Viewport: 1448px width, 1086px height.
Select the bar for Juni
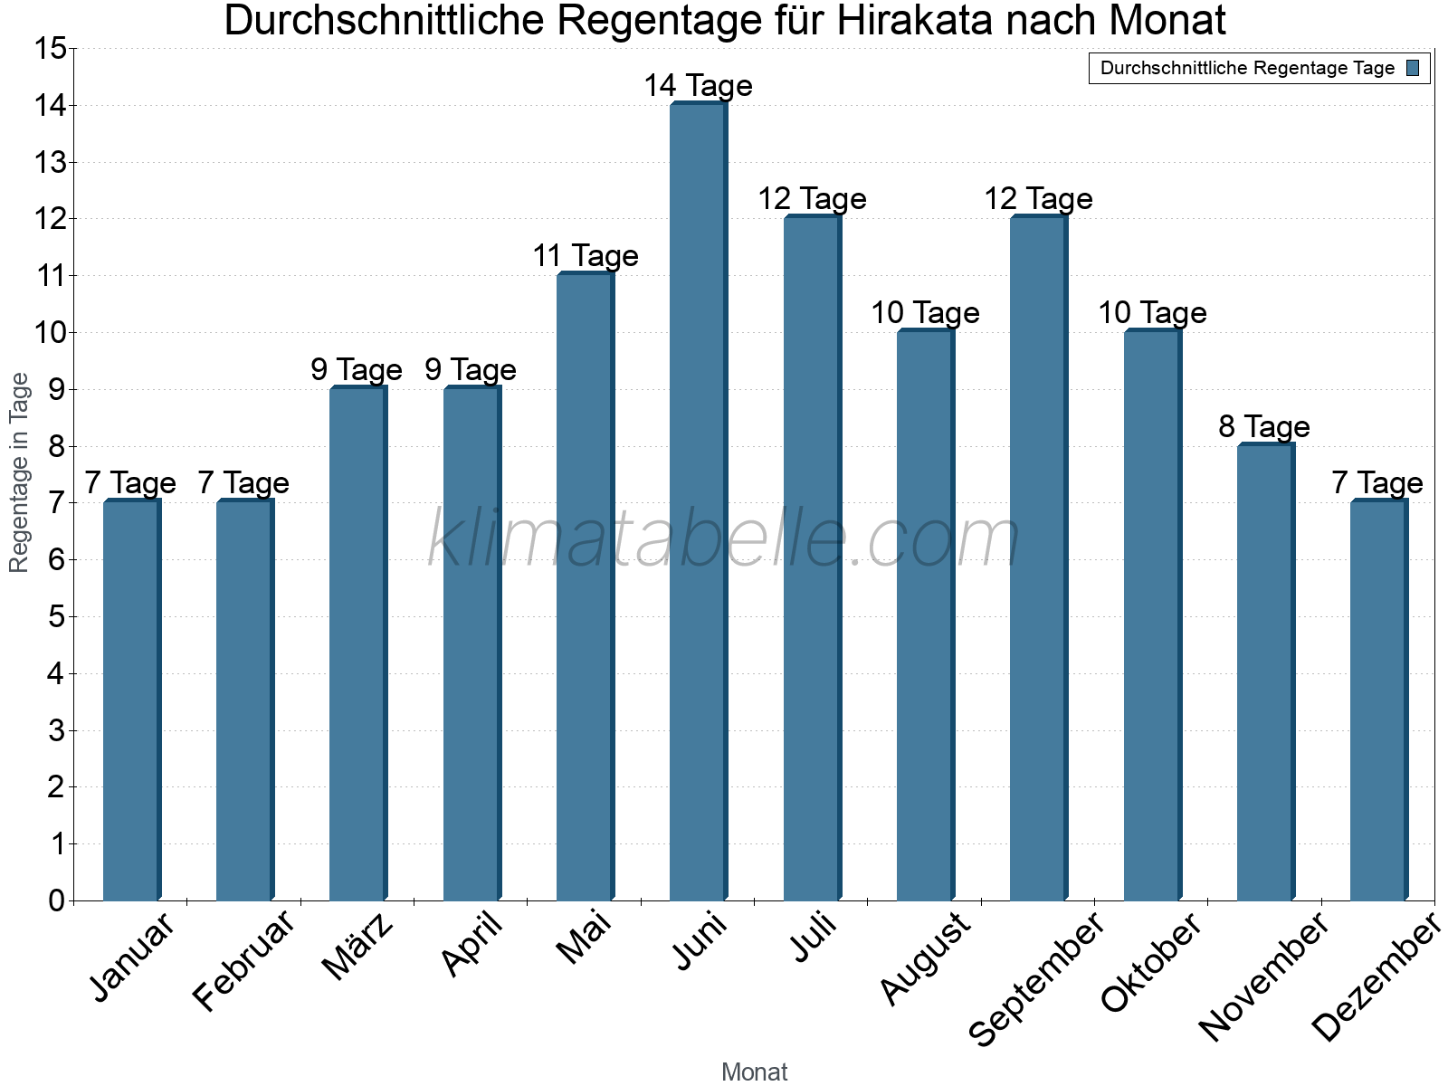(x=698, y=502)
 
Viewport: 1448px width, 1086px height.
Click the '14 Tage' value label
(x=698, y=86)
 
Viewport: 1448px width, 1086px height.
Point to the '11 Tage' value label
(x=585, y=256)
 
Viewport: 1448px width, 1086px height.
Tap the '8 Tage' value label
(x=1264, y=426)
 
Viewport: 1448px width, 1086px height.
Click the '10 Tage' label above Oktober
(x=1151, y=313)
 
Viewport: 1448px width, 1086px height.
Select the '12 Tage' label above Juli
(x=812, y=199)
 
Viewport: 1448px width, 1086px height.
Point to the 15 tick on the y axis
(x=51, y=49)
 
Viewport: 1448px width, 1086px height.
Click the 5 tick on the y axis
(x=57, y=617)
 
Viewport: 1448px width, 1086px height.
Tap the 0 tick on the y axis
(x=57, y=900)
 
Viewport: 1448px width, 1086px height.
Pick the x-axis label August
(x=925, y=959)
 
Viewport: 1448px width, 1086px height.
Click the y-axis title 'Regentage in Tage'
(x=20, y=472)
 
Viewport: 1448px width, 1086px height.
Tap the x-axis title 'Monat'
(x=754, y=1072)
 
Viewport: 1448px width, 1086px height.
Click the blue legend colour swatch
(x=1413, y=68)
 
